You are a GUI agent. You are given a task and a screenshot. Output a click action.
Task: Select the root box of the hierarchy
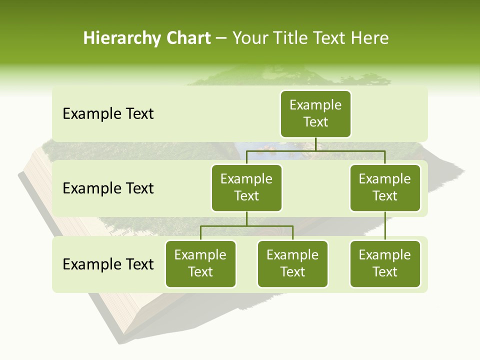pyautogui.click(x=315, y=113)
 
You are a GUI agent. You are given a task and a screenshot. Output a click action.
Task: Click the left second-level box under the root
pyautogui.click(x=246, y=187)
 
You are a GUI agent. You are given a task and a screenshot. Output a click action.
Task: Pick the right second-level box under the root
pyautogui.click(x=385, y=187)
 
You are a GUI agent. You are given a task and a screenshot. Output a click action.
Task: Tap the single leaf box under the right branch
pyautogui.click(x=385, y=263)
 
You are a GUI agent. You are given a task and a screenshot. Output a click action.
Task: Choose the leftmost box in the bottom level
pyautogui.click(x=200, y=263)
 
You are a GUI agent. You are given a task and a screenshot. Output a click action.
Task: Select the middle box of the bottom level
pyautogui.click(x=292, y=263)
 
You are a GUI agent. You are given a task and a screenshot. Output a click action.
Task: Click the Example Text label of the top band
pyautogui.click(x=108, y=114)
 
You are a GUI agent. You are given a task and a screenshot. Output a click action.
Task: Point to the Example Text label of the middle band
pyautogui.click(x=108, y=188)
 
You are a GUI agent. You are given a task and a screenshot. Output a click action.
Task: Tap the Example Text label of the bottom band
pyautogui.click(x=108, y=264)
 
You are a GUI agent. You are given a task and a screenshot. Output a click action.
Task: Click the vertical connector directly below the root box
pyautogui.click(x=315, y=144)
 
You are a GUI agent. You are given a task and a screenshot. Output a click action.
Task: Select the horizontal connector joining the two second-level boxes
pyautogui.click(x=315, y=150)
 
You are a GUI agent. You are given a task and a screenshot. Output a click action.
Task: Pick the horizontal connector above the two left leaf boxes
pyautogui.click(x=246, y=226)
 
